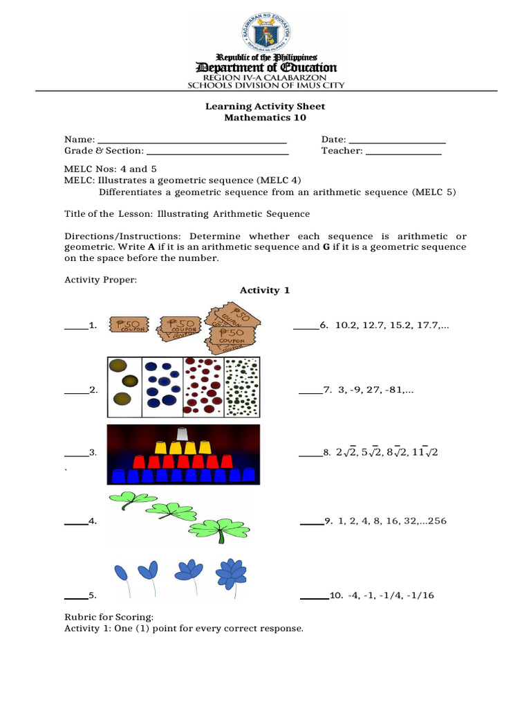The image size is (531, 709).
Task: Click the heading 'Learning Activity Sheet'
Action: tap(265, 106)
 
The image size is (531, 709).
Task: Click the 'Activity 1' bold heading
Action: tap(264, 290)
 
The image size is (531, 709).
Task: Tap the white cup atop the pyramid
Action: tap(183, 434)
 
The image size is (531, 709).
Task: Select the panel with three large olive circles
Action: tap(124, 386)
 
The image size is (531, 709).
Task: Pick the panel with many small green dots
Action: tap(241, 386)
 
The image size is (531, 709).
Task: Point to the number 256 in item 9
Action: tap(437, 521)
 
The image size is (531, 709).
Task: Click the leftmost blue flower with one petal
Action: tap(122, 573)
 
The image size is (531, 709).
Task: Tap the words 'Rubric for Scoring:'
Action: tap(99, 617)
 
